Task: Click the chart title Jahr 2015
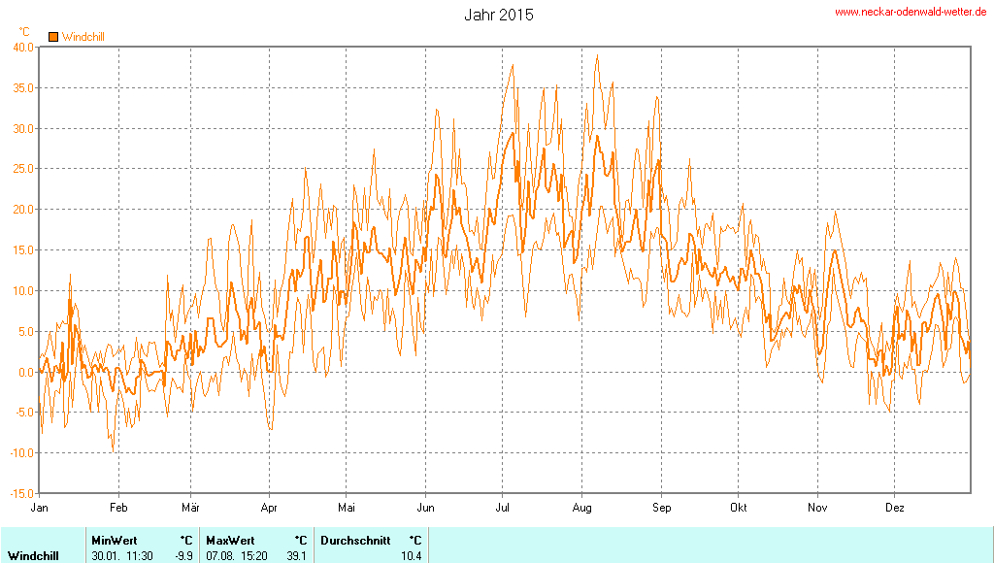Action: tap(498, 16)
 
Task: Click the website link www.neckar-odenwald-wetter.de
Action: tap(911, 12)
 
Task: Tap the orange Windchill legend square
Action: tap(53, 37)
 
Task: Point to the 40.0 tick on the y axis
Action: tap(23, 47)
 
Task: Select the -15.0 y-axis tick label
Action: tap(21, 494)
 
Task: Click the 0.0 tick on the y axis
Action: tap(26, 372)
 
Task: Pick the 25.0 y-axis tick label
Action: tap(23, 169)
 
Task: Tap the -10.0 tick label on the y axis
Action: tap(21, 453)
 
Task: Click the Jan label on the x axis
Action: tap(40, 508)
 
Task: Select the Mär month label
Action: tap(191, 508)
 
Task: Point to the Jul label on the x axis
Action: tap(504, 508)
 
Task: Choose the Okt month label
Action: tap(739, 508)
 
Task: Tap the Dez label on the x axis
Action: tap(895, 508)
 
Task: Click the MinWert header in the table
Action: tap(114, 540)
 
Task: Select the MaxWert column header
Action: tap(230, 540)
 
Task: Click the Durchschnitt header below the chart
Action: tap(355, 540)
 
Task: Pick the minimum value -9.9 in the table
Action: tap(183, 556)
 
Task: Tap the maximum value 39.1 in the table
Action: tap(297, 556)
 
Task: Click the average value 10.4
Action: tap(412, 556)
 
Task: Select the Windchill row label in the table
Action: tap(34, 556)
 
